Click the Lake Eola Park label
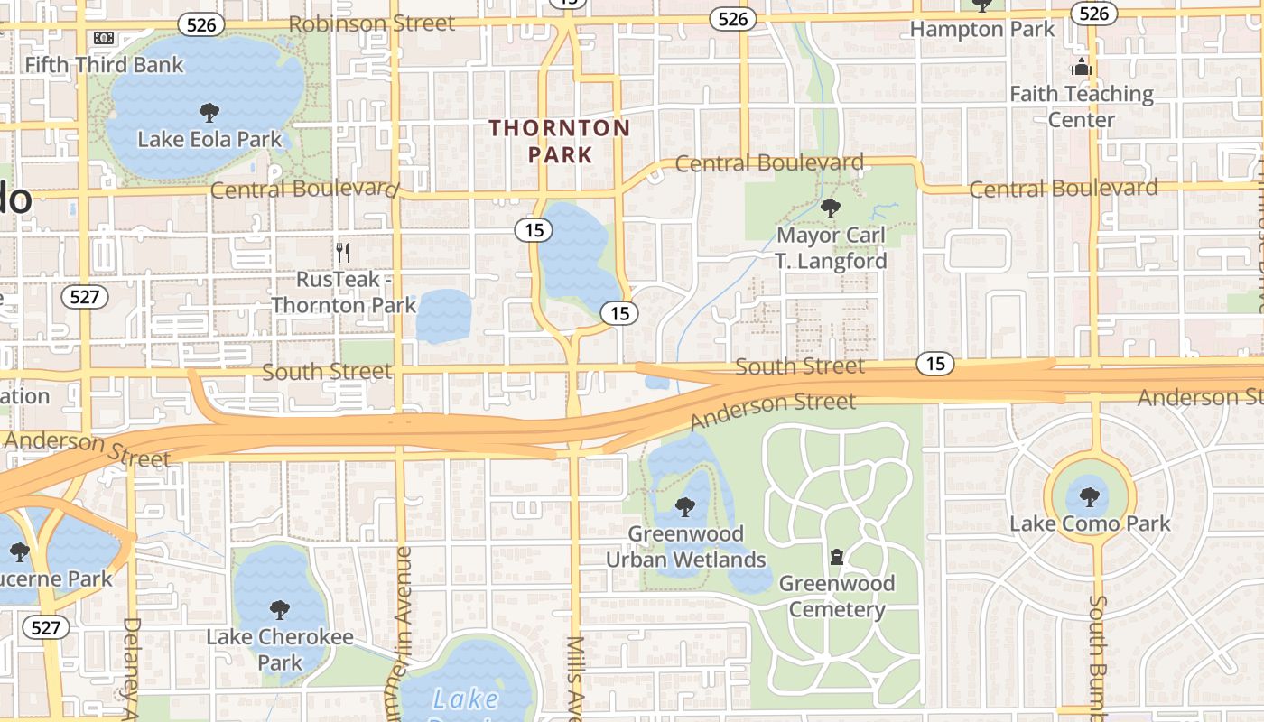209,140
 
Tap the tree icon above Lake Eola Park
209,113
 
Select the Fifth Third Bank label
104,65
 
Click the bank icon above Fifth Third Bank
104,38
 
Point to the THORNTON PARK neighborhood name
560,141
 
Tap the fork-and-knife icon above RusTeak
342,253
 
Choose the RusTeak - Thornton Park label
344,292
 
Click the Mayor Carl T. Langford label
831,248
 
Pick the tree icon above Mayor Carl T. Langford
830,209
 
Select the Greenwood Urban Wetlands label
685,546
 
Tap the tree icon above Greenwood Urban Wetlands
685,507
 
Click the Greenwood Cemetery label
837,596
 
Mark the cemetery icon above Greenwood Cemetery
837,557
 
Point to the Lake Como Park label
1090,523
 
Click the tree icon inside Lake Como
1090,496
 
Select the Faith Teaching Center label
1082,106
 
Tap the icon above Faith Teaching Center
1081,67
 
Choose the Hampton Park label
981,29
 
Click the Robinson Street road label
372,23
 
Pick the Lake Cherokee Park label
280,650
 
